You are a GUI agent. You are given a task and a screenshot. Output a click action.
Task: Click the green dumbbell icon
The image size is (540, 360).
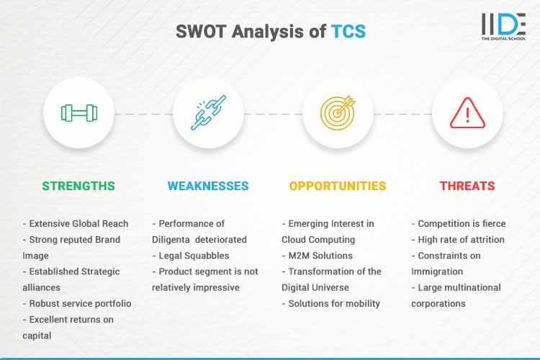(x=78, y=113)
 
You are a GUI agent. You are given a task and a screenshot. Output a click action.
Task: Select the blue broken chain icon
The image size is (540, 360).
(x=208, y=113)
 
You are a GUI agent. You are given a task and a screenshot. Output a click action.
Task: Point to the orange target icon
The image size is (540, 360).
(x=338, y=113)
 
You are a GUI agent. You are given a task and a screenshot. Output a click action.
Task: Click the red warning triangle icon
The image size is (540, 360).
(x=467, y=113)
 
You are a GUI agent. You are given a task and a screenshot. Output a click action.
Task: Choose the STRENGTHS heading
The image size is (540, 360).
(x=78, y=186)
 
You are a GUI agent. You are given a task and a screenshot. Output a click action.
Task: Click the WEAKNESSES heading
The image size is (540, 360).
(x=208, y=186)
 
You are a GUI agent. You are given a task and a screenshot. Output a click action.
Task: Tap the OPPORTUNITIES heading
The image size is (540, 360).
(x=338, y=186)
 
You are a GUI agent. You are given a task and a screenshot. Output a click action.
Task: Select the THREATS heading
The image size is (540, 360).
(x=467, y=186)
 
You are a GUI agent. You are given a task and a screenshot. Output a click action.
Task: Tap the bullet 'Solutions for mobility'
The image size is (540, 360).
(x=330, y=303)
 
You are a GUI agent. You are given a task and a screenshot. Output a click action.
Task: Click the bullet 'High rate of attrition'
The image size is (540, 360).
(x=461, y=240)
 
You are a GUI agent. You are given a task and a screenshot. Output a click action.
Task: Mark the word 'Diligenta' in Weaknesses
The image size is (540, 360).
(x=174, y=240)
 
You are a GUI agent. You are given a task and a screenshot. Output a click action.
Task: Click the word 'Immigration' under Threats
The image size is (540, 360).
(x=436, y=271)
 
